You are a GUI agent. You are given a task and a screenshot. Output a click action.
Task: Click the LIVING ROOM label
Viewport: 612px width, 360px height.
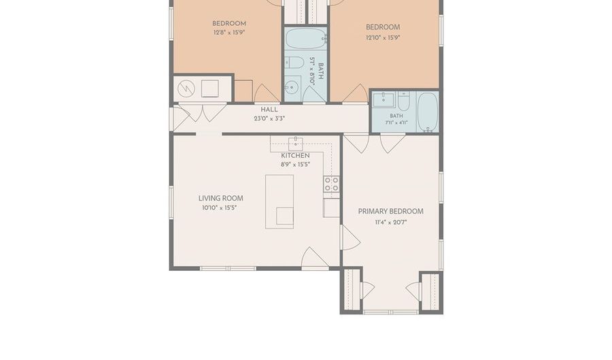[x=220, y=198]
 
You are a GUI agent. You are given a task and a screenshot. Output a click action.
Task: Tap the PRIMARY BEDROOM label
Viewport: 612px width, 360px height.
[x=391, y=211]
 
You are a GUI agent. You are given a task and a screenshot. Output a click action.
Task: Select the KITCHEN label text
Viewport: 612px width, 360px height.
[x=296, y=155]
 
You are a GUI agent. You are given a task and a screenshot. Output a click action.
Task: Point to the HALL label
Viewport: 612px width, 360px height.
[x=269, y=110]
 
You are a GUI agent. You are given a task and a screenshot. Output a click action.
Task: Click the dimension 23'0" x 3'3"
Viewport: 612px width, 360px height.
[x=269, y=118]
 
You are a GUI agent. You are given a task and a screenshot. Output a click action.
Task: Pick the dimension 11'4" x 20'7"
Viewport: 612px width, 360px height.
[x=391, y=223]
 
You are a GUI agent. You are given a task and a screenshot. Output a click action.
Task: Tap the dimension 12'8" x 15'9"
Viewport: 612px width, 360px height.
[x=228, y=33]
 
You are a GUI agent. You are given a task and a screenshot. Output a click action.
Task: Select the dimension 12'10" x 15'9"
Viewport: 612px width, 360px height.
[x=383, y=38]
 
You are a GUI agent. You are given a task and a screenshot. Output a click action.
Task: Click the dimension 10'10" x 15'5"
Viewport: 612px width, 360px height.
[x=220, y=208]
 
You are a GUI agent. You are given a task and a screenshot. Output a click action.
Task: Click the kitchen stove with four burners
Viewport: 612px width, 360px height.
[x=331, y=184]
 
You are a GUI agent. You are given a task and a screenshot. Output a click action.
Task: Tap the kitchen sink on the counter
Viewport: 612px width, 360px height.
[x=296, y=144]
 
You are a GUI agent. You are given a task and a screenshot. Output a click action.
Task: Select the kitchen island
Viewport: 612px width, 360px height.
[x=279, y=201]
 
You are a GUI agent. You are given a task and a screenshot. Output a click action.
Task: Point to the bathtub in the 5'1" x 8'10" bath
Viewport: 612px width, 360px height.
[x=306, y=38]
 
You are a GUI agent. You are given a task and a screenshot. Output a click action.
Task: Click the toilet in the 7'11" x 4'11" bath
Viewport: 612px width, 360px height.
[x=403, y=101]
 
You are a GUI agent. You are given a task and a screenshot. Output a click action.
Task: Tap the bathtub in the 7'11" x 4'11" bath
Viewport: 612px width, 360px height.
[x=428, y=112]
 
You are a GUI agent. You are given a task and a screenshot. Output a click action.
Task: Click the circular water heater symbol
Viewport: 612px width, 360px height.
[x=186, y=89]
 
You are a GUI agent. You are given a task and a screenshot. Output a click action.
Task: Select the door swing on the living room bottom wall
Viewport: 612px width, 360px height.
[x=315, y=258]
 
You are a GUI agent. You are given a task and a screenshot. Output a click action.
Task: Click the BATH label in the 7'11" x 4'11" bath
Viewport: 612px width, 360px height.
[x=396, y=116]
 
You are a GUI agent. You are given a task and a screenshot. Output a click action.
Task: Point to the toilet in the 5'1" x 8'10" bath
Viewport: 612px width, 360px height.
[x=294, y=63]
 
